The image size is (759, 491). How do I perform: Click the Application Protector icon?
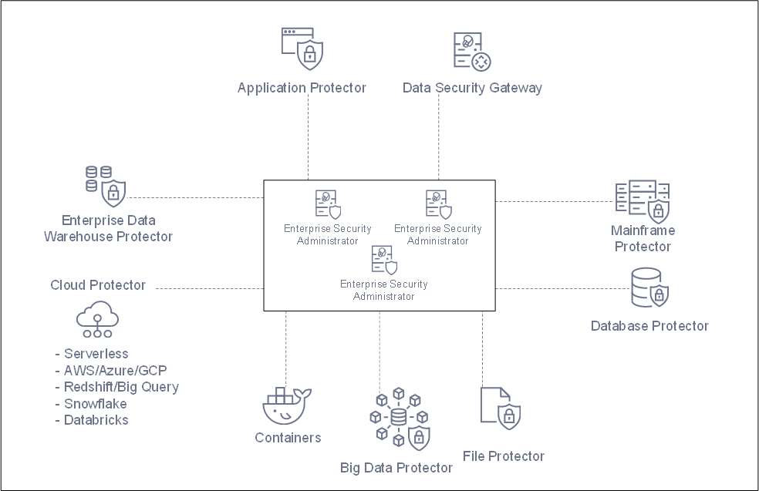click(x=302, y=49)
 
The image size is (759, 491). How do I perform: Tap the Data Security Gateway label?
click(x=472, y=88)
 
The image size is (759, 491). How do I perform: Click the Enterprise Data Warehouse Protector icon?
click(x=104, y=186)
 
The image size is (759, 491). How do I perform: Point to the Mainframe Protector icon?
click(x=643, y=200)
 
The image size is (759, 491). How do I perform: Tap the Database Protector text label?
click(x=649, y=326)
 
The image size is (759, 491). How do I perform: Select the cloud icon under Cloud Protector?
click(x=96, y=319)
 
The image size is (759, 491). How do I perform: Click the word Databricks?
click(x=96, y=420)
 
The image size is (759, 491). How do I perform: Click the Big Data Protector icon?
click(x=398, y=419)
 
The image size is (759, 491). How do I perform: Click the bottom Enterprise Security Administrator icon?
click(x=384, y=260)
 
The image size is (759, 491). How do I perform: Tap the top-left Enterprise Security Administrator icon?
click(x=328, y=205)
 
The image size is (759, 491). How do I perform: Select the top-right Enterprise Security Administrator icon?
click(x=439, y=205)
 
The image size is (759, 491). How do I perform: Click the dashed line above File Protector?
click(x=483, y=347)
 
